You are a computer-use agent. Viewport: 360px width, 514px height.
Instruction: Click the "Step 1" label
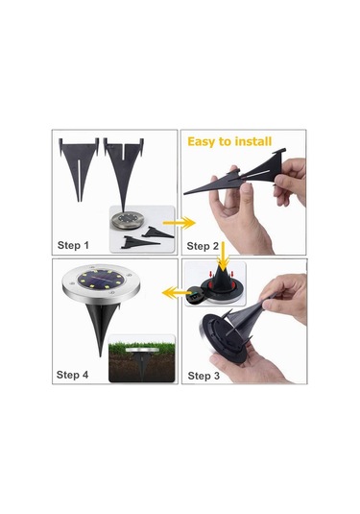point(73,245)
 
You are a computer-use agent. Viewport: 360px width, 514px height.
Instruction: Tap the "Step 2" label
point(203,246)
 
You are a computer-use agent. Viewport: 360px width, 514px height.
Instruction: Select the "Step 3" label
point(204,376)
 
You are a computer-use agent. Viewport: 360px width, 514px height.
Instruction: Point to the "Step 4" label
point(72,375)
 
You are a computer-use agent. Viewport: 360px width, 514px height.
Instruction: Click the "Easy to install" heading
point(229,141)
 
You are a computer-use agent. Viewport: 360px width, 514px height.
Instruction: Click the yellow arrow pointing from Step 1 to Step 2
point(180,223)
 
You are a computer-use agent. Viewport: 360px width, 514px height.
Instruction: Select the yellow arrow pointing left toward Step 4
point(175,292)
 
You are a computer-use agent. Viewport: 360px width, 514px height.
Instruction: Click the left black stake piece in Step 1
point(79,167)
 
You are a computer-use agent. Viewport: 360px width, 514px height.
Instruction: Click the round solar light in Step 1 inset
point(127,220)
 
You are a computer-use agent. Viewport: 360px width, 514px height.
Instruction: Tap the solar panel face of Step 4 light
point(101,280)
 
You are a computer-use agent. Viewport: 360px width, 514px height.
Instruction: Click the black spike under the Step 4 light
point(101,326)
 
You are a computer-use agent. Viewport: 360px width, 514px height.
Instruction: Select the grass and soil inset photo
point(141,358)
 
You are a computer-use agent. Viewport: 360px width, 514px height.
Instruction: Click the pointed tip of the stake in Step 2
point(184,194)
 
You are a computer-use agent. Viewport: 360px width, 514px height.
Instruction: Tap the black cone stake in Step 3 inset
point(224,280)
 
